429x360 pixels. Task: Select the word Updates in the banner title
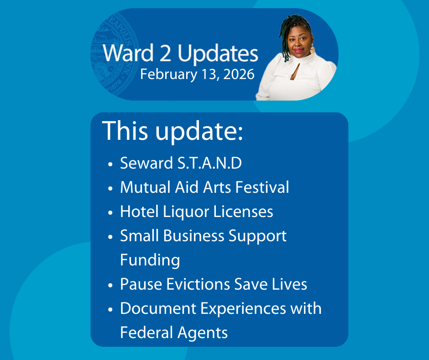click(218, 54)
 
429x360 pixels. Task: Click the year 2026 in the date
click(239, 74)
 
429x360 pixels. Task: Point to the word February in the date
click(168, 75)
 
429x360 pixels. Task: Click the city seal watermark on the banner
click(115, 54)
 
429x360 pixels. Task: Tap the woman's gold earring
click(312, 50)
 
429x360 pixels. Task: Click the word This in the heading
click(125, 131)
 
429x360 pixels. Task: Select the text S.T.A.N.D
click(209, 163)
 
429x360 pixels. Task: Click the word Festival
click(262, 187)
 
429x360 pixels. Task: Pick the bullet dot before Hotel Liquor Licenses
click(110, 213)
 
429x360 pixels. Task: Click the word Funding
click(150, 260)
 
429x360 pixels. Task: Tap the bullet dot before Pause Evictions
click(110, 286)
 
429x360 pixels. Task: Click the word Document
click(158, 308)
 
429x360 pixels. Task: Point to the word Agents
click(203, 333)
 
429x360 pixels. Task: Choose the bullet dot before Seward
click(110, 164)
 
